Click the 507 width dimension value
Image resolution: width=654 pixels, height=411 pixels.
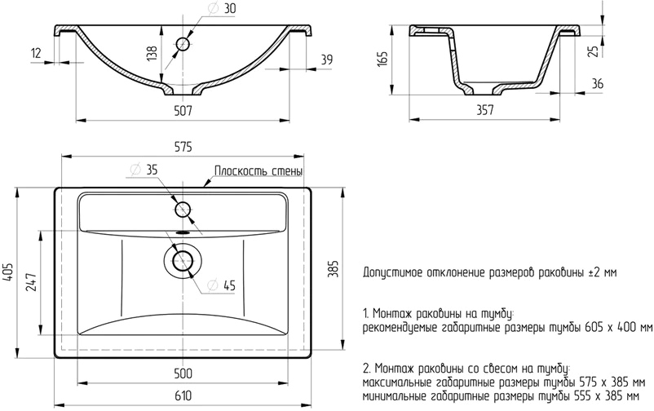click(183, 112)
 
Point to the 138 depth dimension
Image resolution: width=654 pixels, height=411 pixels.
click(151, 53)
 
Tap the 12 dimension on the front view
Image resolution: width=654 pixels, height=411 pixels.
click(36, 53)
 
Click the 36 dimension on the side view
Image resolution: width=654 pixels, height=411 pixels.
click(598, 83)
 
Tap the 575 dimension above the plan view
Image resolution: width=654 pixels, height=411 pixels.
click(183, 147)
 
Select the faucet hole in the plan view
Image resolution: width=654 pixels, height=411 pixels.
click(182, 208)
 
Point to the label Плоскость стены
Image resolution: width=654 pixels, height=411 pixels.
click(259, 171)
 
